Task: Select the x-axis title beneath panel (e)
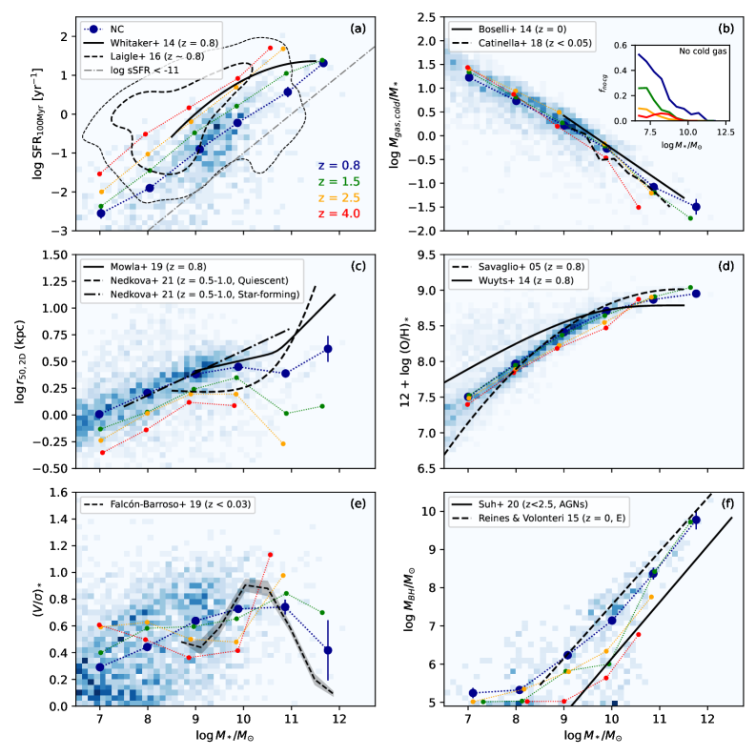(x=218, y=739)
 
